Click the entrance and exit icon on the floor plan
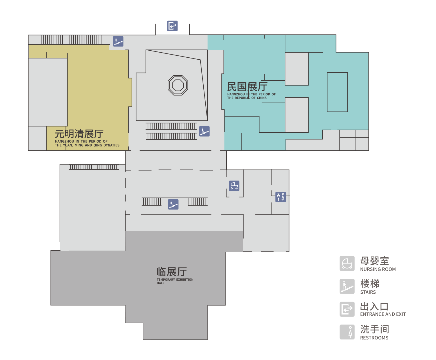point(172,26)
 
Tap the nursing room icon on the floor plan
point(234,186)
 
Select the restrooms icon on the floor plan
point(280,197)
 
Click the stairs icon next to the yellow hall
point(118,41)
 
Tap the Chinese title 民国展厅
point(247,86)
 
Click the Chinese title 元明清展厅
point(79,134)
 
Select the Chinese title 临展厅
point(172,272)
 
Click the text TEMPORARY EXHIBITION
point(175,280)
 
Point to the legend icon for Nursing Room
point(347,263)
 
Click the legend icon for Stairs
point(347,286)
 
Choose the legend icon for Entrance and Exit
point(347,309)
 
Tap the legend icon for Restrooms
point(347,332)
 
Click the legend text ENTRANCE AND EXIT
point(383,314)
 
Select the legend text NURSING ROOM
point(378,269)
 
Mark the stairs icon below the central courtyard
point(204,131)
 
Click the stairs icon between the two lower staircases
point(173,204)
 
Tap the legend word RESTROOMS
point(374,338)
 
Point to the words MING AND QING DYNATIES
point(97,145)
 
